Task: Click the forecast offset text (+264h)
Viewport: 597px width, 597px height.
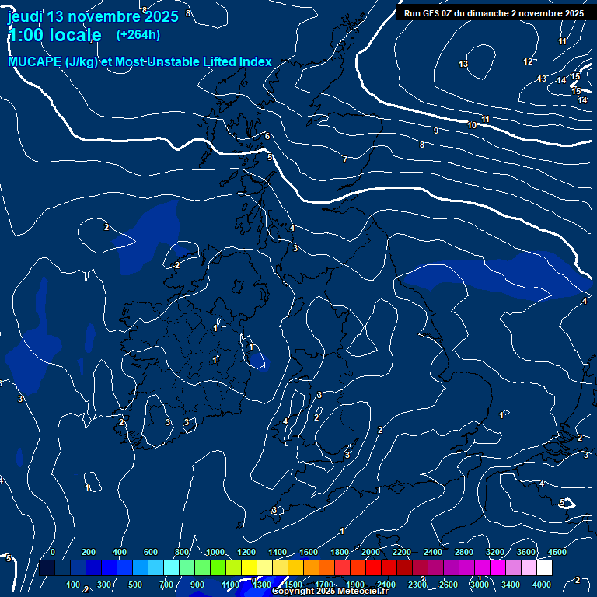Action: (138, 34)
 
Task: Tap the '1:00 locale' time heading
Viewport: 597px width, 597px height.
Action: (54, 35)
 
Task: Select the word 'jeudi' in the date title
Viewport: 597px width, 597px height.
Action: (24, 16)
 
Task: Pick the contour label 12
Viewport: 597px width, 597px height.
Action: (528, 61)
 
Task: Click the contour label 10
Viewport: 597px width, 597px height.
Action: (472, 125)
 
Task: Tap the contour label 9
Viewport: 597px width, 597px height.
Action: (436, 131)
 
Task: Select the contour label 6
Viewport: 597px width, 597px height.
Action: (267, 136)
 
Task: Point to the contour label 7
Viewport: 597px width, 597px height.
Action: (345, 159)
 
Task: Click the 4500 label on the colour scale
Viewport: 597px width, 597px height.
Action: (557, 552)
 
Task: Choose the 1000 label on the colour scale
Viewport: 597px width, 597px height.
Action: (215, 552)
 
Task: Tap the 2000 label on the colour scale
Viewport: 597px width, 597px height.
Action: (371, 552)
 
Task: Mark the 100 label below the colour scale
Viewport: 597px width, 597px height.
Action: (73, 585)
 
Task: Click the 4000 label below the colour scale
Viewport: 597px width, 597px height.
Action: (542, 585)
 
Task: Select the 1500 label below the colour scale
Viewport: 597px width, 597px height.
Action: (292, 585)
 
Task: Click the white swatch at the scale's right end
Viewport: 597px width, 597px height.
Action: (544, 568)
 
